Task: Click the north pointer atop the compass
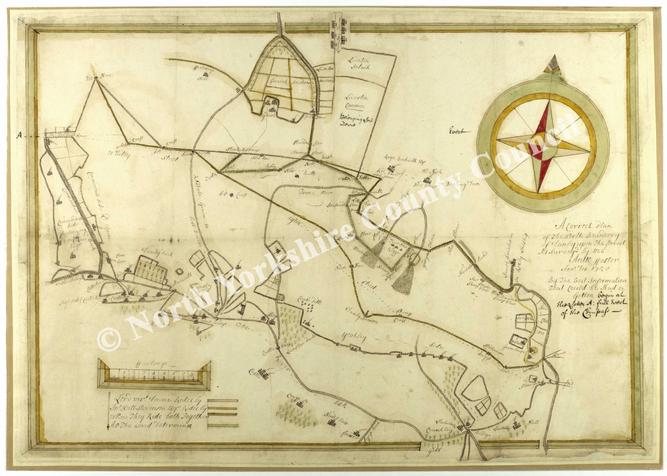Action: (x=553, y=63)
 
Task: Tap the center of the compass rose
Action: (x=543, y=145)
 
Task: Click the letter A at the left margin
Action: (x=20, y=135)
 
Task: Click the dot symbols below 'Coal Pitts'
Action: (x=308, y=305)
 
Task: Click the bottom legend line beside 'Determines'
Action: (x=222, y=425)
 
